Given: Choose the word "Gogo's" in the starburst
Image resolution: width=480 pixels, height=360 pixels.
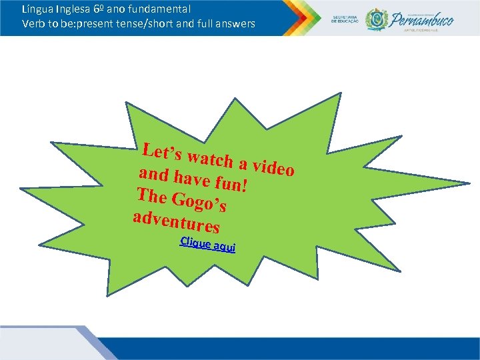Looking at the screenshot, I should [200, 201].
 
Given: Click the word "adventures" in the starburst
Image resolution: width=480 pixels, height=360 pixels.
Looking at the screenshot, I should [176, 219].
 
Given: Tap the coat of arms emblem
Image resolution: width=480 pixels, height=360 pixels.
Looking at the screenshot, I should [375, 19].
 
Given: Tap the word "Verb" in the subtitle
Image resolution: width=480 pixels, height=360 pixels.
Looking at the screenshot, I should [33, 24].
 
